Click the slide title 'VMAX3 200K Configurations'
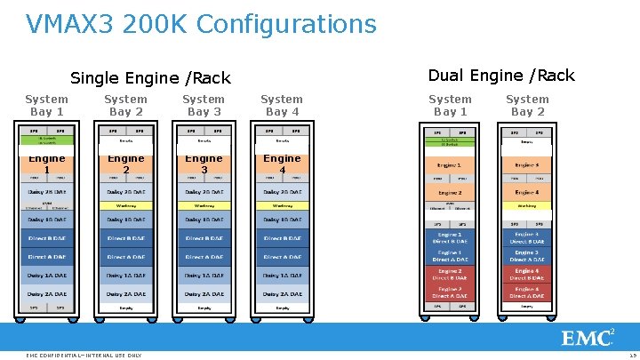click(201, 24)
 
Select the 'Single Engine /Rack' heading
click(150, 78)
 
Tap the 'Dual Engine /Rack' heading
click(501, 76)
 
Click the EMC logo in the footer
click(587, 338)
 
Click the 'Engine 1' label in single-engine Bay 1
click(47, 164)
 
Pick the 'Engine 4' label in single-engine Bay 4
click(282, 164)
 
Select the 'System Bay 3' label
click(204, 105)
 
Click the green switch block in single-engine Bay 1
click(47, 140)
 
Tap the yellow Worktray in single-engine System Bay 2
click(125, 205)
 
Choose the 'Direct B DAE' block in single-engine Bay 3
click(204, 238)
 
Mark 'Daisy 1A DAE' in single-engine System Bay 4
click(282, 276)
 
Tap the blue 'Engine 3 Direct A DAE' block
click(527, 256)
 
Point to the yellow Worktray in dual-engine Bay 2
click(527, 206)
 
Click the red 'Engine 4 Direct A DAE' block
click(527, 292)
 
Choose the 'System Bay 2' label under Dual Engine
click(527, 105)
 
